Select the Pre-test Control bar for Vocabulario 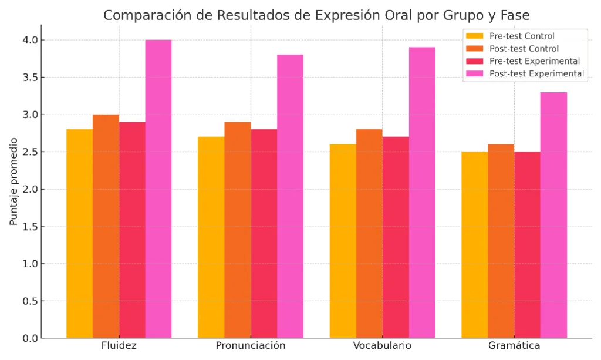click(343, 241)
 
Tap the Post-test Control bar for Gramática click(501, 241)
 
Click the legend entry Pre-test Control click(522, 36)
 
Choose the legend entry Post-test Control click(524, 49)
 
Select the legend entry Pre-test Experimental click(534, 61)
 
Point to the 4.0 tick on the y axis click(31, 40)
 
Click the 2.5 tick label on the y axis click(31, 152)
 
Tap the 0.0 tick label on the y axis click(31, 338)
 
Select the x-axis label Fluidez click(119, 345)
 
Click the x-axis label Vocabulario click(382, 345)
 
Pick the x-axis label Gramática click(514, 345)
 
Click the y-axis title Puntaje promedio click(13, 182)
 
